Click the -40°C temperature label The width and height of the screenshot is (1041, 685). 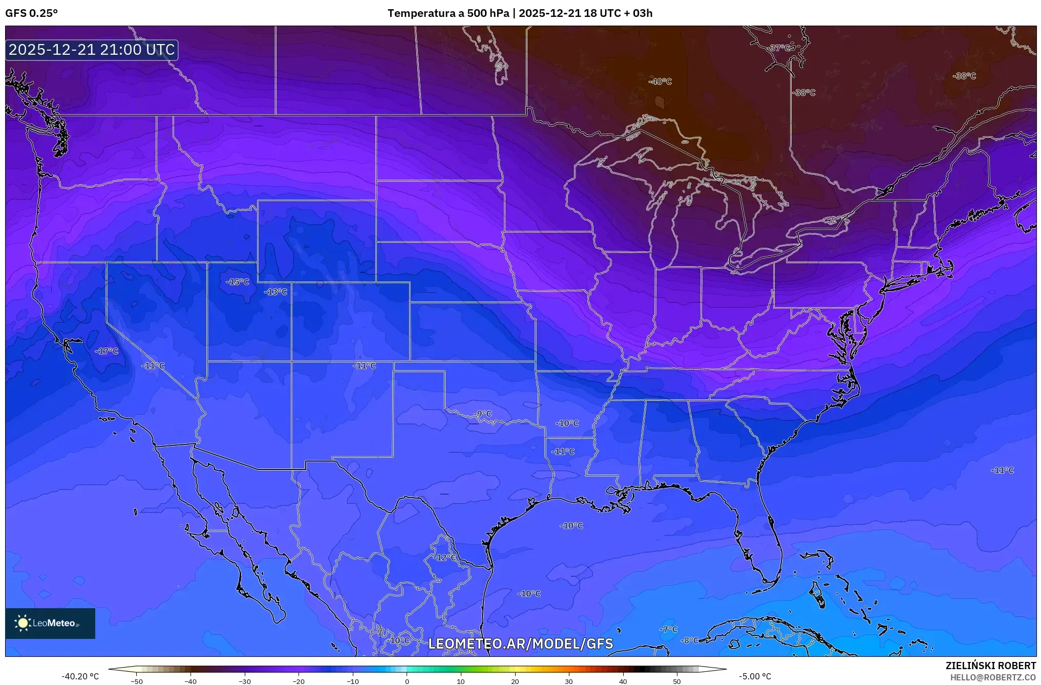click(660, 81)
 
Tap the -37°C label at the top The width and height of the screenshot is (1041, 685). click(780, 48)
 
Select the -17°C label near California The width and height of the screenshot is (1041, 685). click(107, 351)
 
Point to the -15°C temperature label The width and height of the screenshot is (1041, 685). click(238, 282)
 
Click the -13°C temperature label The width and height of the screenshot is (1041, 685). click(275, 292)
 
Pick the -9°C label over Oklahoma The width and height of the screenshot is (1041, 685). click(482, 414)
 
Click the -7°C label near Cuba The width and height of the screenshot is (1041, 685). click(668, 629)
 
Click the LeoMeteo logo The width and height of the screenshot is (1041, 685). click(50, 623)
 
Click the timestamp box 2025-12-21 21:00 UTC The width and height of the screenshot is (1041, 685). click(92, 50)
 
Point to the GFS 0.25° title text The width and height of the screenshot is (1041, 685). click(31, 13)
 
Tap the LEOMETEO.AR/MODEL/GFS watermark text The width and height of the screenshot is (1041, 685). click(520, 644)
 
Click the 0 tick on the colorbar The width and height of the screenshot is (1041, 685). click(407, 681)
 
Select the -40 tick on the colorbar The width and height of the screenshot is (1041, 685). click(190, 681)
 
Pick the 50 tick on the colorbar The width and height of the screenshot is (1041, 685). click(677, 681)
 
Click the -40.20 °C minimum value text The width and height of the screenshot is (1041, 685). click(80, 676)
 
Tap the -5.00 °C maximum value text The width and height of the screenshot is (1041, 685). click(755, 676)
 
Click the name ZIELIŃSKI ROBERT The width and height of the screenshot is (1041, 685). click(990, 666)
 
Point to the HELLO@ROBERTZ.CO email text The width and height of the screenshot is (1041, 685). click(993, 677)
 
